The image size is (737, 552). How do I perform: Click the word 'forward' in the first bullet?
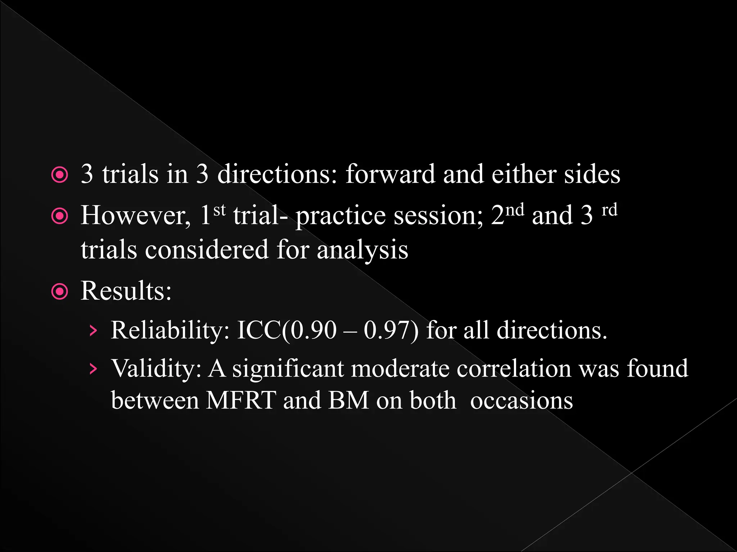click(x=390, y=174)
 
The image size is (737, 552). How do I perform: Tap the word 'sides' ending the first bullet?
click(x=592, y=174)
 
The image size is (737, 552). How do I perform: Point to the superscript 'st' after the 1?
click(x=220, y=209)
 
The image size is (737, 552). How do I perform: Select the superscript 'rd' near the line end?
click(x=610, y=209)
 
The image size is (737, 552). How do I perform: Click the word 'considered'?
click(x=207, y=249)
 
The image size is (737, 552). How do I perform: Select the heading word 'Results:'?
click(x=126, y=290)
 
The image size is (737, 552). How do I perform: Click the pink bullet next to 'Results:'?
click(x=60, y=291)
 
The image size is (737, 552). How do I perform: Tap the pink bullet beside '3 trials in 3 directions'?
click(x=60, y=175)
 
